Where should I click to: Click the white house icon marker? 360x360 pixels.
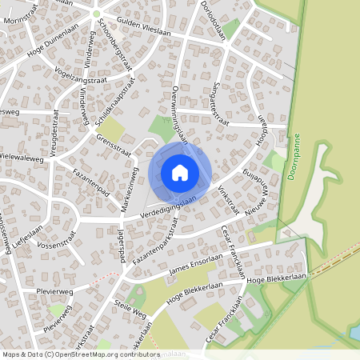[180, 172]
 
